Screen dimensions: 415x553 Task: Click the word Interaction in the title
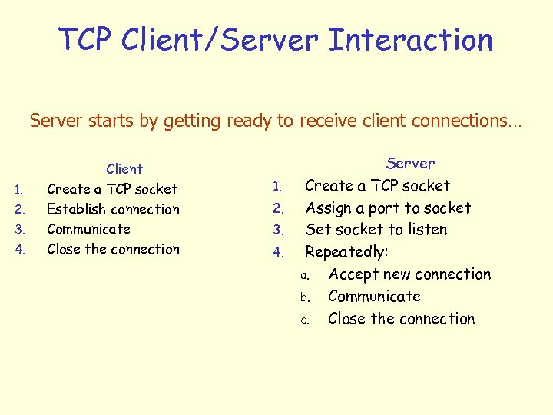pyautogui.click(x=410, y=39)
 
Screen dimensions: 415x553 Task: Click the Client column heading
pyautogui.click(x=124, y=169)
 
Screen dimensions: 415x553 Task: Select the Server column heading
pyautogui.click(x=410, y=163)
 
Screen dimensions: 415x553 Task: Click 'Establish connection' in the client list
pyautogui.click(x=113, y=209)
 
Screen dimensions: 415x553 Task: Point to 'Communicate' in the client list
pyautogui.click(x=88, y=229)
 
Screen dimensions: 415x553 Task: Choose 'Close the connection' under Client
pyautogui.click(x=113, y=249)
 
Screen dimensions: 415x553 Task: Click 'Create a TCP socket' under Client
pyautogui.click(x=112, y=189)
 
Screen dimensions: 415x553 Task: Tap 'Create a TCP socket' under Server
pyautogui.click(x=378, y=185)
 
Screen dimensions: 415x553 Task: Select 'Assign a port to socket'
pyautogui.click(x=388, y=207)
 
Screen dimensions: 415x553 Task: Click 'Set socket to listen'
pyautogui.click(x=376, y=230)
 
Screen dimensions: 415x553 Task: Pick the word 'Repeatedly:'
pyautogui.click(x=346, y=252)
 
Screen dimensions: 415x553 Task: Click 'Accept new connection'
pyautogui.click(x=409, y=274)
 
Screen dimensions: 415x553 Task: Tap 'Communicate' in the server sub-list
pyautogui.click(x=374, y=297)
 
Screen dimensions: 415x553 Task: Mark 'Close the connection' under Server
pyautogui.click(x=401, y=319)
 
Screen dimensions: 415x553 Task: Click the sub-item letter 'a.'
pyautogui.click(x=304, y=275)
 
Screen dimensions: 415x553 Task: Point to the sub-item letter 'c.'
pyautogui.click(x=304, y=320)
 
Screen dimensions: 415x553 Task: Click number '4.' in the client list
pyautogui.click(x=22, y=250)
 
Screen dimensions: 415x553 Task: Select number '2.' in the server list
pyautogui.click(x=280, y=208)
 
